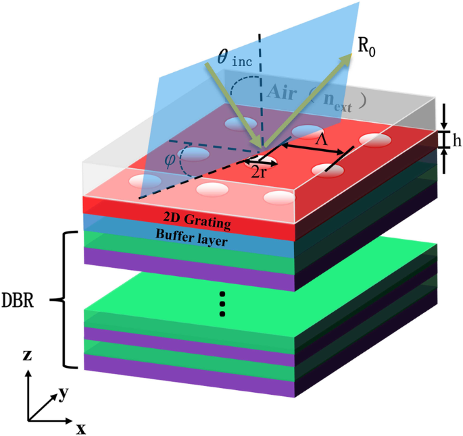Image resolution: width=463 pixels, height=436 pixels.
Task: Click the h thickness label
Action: pyautogui.click(x=457, y=140)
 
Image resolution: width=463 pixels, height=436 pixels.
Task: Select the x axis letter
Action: pyautogui.click(x=80, y=428)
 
